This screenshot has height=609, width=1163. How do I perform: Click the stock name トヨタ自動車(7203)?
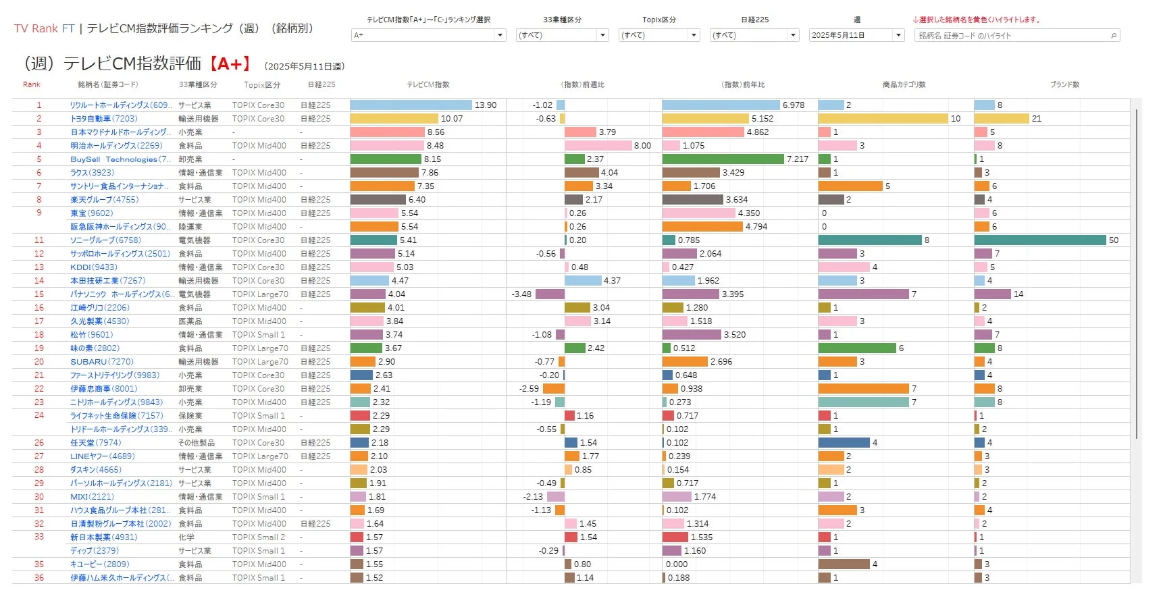103,119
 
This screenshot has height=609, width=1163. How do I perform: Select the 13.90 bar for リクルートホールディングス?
411,105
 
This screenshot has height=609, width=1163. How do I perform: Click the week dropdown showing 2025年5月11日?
856,35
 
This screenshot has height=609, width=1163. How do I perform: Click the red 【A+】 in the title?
230,64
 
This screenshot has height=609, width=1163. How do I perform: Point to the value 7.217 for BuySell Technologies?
797,159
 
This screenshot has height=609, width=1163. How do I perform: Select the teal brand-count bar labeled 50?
1040,240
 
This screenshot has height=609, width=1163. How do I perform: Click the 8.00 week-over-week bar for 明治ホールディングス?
598,146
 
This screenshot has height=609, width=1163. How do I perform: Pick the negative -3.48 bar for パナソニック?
550,294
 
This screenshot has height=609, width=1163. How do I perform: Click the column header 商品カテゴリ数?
904,85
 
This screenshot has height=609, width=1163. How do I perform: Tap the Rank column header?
32,85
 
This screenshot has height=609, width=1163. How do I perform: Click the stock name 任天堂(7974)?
96,443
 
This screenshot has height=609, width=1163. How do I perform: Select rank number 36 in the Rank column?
39,578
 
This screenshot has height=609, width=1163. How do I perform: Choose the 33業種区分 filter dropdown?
562,35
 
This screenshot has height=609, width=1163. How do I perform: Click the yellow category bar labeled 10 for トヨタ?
883,119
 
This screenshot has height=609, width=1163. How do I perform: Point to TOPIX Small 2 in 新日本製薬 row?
259,537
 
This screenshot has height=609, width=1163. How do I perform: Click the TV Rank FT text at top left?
44,28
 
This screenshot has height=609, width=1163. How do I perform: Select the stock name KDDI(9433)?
93,267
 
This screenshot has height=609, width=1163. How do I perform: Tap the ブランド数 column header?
1064,85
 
